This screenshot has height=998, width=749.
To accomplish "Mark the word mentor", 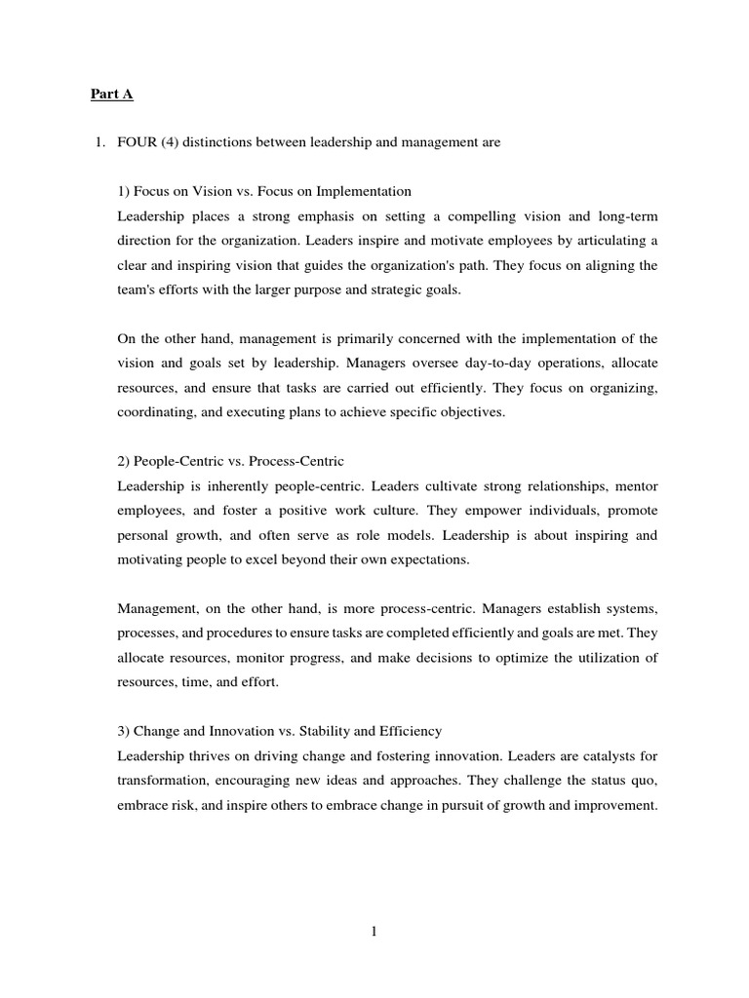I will click(634, 485).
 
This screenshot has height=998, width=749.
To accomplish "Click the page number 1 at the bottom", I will click(374, 932).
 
